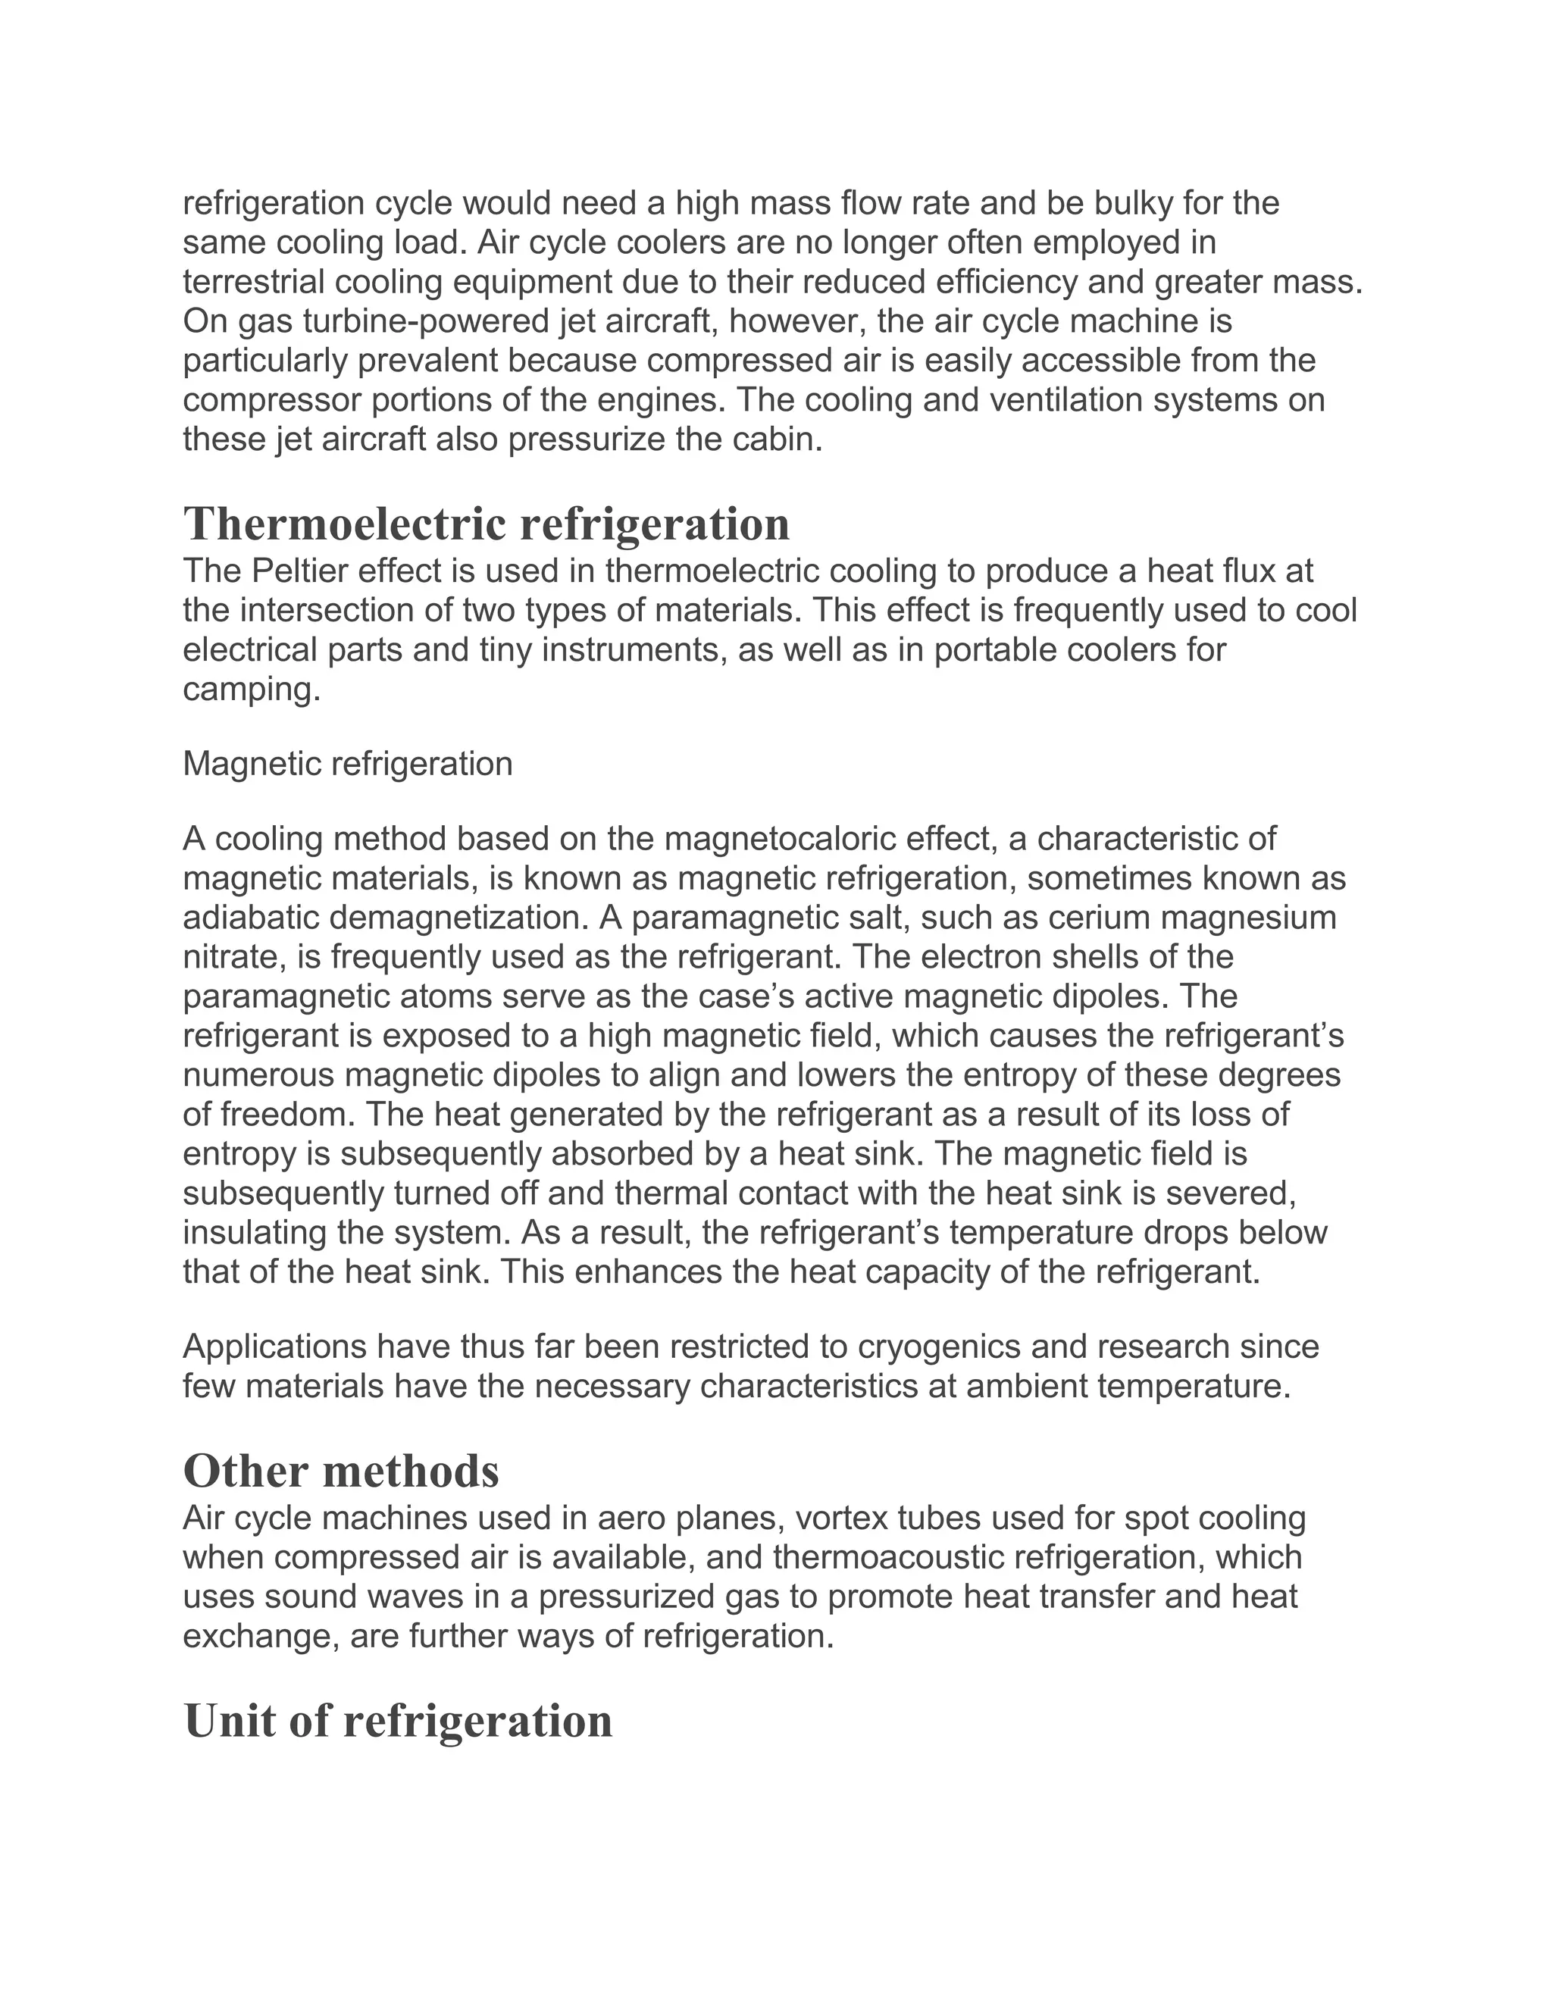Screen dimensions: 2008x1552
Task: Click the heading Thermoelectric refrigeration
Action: click(487, 525)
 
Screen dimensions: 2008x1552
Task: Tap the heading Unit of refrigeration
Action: click(397, 1720)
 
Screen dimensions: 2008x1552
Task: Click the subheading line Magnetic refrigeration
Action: click(348, 763)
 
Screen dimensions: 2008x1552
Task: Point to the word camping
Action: click(250, 690)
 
